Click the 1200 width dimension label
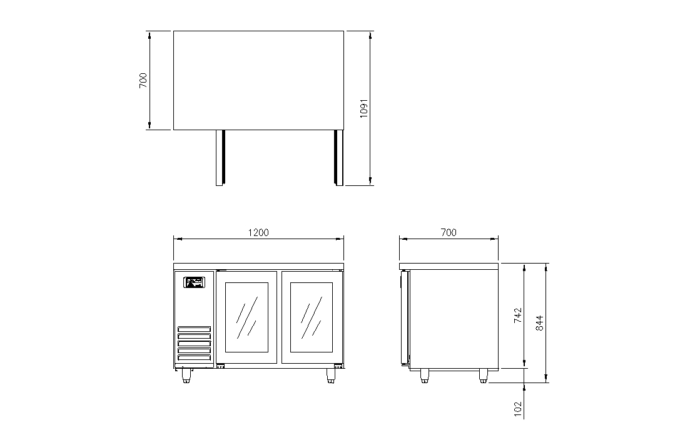258,232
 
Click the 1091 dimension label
364,108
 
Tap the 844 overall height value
539,323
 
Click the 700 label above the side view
449,232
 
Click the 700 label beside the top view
143,81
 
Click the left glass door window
246,317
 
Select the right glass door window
311,317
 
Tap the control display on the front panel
194,282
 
